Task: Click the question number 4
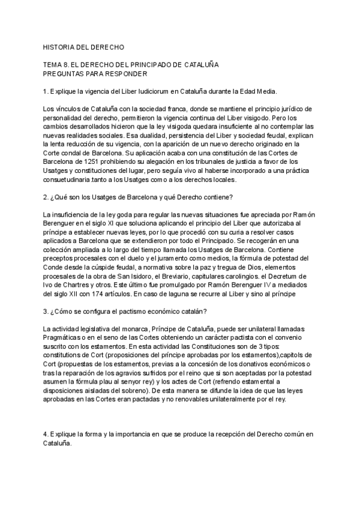pyautogui.click(x=46, y=433)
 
